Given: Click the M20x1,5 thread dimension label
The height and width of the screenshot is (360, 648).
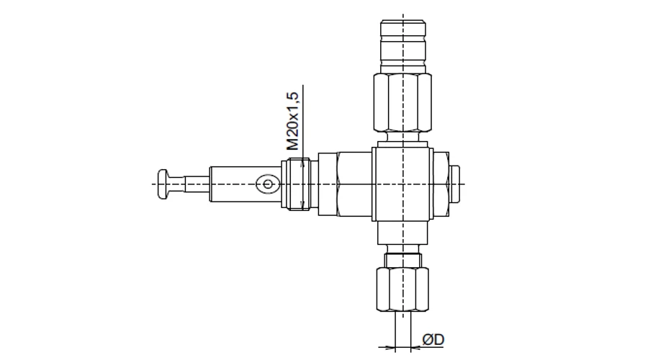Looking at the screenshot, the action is click(292, 121).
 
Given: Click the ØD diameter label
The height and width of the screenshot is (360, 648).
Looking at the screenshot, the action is click(433, 339).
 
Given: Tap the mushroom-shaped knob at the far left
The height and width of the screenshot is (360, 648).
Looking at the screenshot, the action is click(163, 184).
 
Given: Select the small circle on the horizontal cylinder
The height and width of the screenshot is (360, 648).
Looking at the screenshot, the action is click(267, 184).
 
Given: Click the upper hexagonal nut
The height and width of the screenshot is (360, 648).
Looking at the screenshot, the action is click(402, 102).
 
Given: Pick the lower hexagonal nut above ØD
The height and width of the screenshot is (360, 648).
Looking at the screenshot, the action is click(402, 289).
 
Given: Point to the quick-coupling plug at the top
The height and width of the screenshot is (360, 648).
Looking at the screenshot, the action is click(403, 46).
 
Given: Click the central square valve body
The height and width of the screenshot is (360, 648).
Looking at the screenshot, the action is click(402, 184).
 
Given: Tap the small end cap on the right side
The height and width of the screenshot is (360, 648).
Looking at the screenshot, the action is click(454, 184).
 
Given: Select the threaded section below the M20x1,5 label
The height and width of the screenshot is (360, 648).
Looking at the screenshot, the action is click(295, 184).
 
